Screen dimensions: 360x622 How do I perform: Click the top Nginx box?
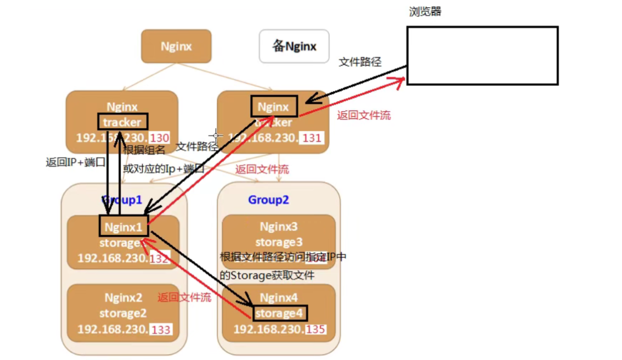[176, 46]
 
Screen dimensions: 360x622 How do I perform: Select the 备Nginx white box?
[294, 46]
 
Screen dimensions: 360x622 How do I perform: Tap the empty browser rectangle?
[482, 55]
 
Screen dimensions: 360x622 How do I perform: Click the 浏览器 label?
[425, 12]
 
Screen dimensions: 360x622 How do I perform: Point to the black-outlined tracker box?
[122, 122]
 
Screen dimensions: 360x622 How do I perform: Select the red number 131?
[312, 138]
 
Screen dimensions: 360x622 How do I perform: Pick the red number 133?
[161, 330]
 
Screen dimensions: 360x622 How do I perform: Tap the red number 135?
[314, 330]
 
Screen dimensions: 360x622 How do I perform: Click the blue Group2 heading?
[268, 200]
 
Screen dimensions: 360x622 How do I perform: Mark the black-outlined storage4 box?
[279, 314]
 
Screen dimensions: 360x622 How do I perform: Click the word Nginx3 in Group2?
[278, 227]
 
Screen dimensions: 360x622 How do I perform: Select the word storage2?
[123, 314]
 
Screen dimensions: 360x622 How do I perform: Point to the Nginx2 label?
[123, 298]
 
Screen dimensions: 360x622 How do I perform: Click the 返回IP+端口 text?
[71, 163]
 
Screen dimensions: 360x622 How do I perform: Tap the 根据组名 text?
[144, 150]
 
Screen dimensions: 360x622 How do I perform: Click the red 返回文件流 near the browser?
[364, 116]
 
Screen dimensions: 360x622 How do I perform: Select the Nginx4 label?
[279, 298]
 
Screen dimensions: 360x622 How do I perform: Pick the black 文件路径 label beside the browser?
[360, 62]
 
